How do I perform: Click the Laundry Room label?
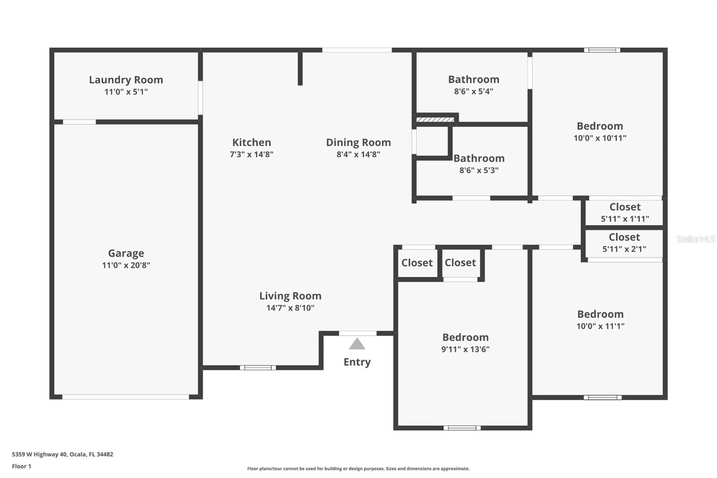(126, 80)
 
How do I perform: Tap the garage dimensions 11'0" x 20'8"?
(126, 265)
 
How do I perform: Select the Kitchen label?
(251, 143)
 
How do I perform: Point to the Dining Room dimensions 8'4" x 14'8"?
(358, 154)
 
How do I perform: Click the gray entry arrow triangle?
(357, 344)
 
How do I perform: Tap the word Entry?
(357, 362)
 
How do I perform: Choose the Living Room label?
(290, 296)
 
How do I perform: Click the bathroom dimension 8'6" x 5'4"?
(474, 91)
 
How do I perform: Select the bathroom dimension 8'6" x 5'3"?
(479, 170)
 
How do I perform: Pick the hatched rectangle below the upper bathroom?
(435, 120)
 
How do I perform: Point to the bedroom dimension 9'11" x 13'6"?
(465, 349)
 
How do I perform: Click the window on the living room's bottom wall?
(258, 368)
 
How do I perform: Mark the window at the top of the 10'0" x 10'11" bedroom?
(602, 50)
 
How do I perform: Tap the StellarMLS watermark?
(695, 239)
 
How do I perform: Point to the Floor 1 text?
(22, 466)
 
